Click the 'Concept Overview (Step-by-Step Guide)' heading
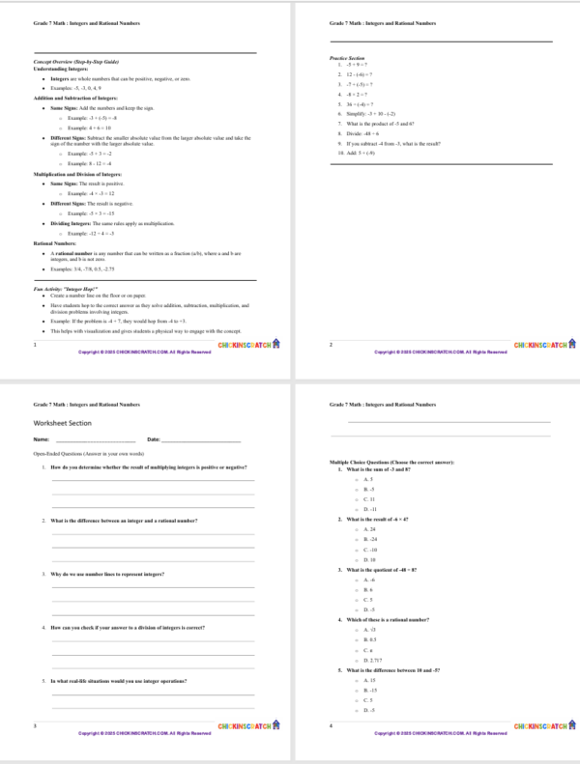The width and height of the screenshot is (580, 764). [70, 62]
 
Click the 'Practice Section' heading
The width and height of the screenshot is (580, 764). [346, 58]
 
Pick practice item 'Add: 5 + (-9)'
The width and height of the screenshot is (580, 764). [365, 153]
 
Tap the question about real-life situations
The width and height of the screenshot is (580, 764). [130, 681]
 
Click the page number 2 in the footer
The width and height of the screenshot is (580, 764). [331, 345]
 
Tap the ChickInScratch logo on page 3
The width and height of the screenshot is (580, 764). [248, 724]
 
